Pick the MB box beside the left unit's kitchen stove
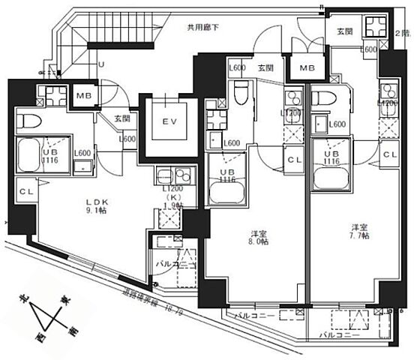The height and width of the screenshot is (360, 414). point(82,95)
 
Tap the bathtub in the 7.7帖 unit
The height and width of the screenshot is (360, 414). point(330,178)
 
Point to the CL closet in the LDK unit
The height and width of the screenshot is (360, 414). point(25,192)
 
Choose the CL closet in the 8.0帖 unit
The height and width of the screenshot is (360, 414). point(292,159)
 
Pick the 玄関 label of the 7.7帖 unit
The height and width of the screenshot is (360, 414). point(344,31)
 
